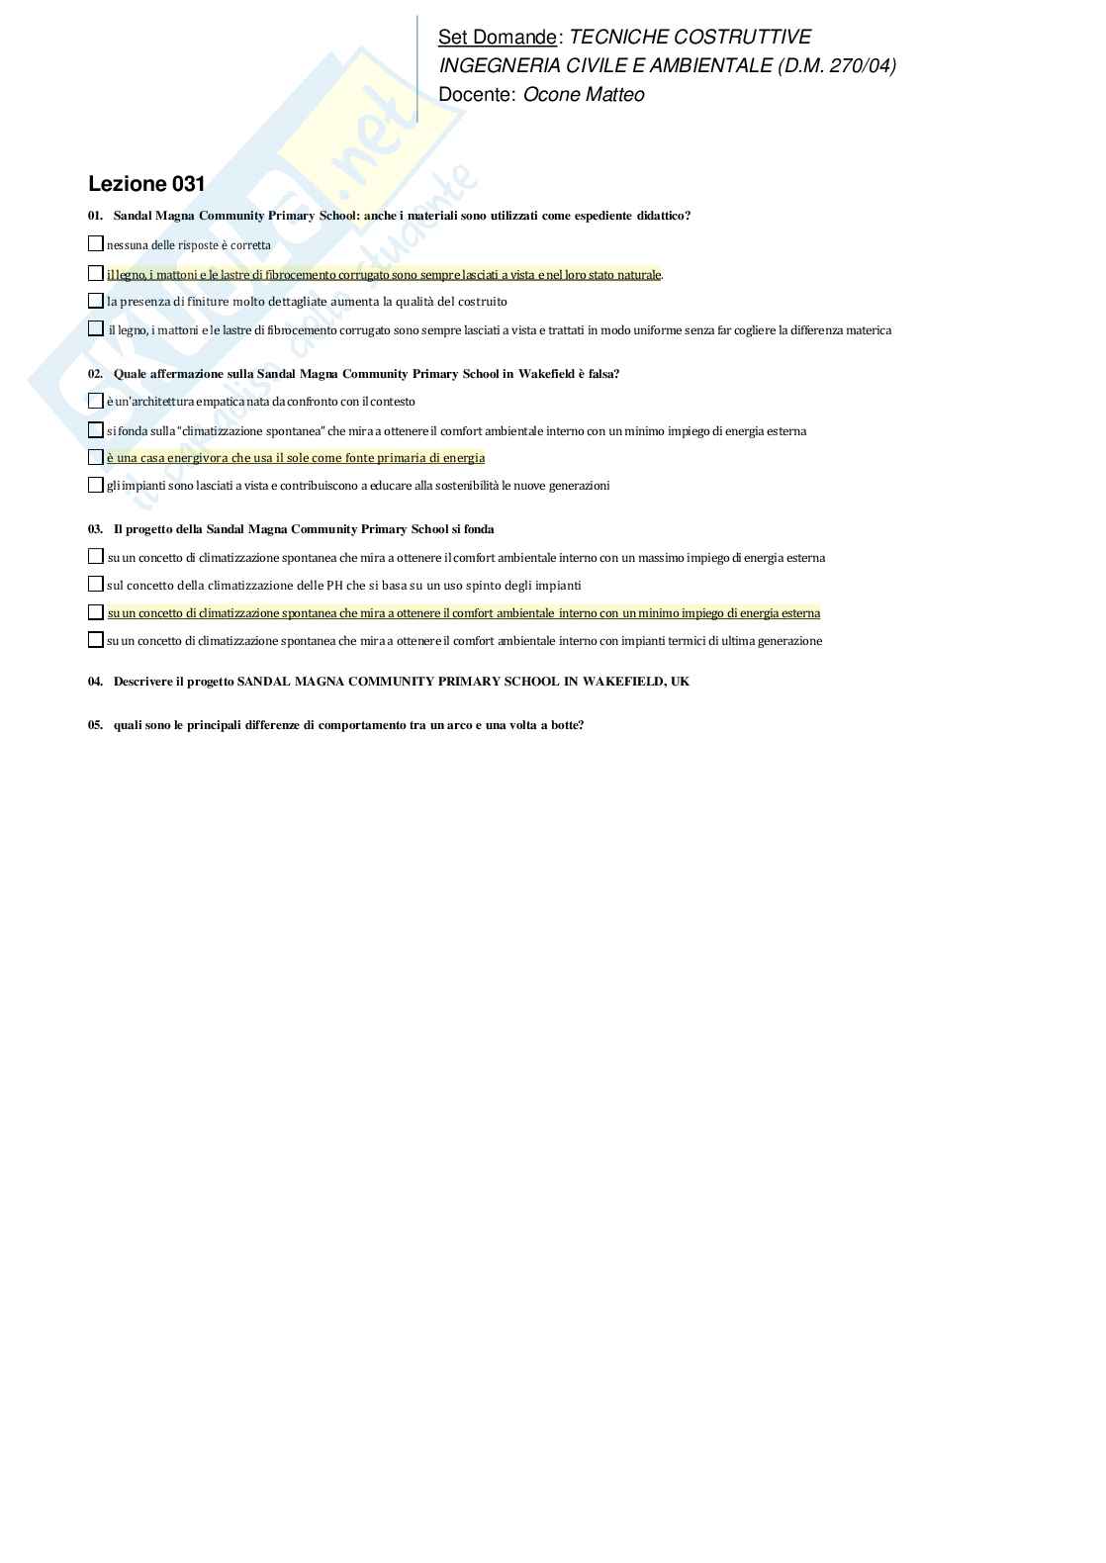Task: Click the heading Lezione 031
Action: point(146,184)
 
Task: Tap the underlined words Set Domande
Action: point(498,38)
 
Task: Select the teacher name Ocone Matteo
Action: point(584,95)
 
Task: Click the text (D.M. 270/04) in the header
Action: point(837,66)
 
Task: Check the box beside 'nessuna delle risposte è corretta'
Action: point(96,243)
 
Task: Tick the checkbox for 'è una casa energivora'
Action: point(96,457)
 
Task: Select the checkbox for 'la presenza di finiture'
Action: point(96,301)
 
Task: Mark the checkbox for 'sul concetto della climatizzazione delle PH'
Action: point(96,585)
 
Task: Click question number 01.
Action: point(95,216)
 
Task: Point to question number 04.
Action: point(95,682)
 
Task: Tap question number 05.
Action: point(95,725)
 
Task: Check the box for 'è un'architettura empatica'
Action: point(96,401)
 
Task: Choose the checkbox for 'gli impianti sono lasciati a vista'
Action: point(96,485)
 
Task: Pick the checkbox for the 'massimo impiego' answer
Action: point(96,557)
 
